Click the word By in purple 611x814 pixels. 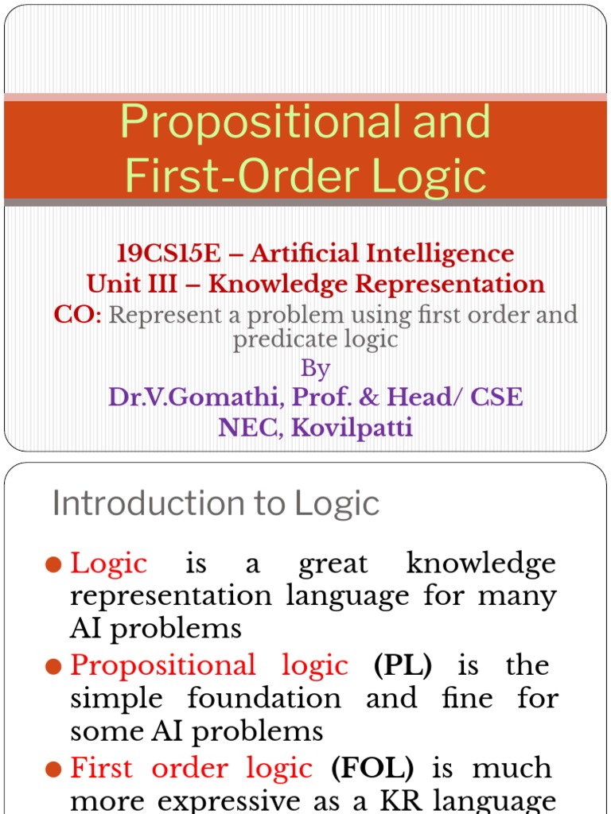(x=315, y=369)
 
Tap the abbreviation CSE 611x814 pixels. (x=496, y=397)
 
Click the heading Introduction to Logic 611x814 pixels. (x=216, y=504)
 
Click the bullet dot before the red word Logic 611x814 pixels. (x=53, y=565)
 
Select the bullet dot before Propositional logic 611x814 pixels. (x=53, y=667)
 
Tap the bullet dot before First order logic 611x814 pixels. (x=53, y=769)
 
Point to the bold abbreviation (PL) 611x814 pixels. (x=403, y=665)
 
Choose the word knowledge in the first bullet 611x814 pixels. (x=481, y=564)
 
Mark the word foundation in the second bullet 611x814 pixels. (x=264, y=698)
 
